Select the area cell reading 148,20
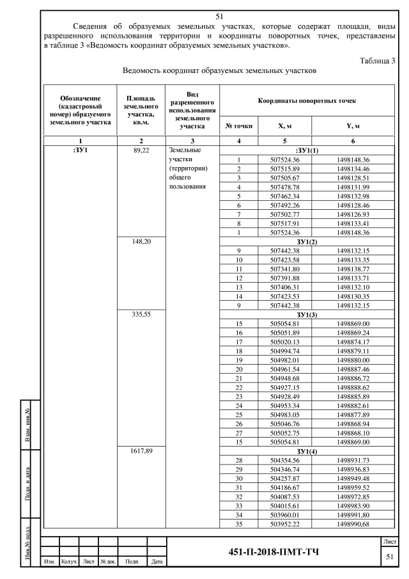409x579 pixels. click(141, 242)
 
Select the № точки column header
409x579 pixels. click(238, 127)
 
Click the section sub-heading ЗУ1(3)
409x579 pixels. click(308, 315)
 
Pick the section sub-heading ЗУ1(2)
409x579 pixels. click(308, 242)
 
